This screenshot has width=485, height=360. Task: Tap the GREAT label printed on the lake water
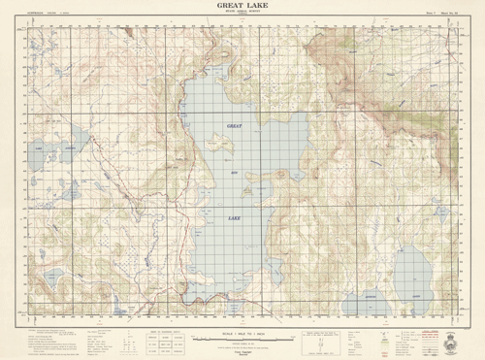[x=235, y=127]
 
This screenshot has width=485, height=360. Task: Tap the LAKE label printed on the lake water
[x=235, y=219]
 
